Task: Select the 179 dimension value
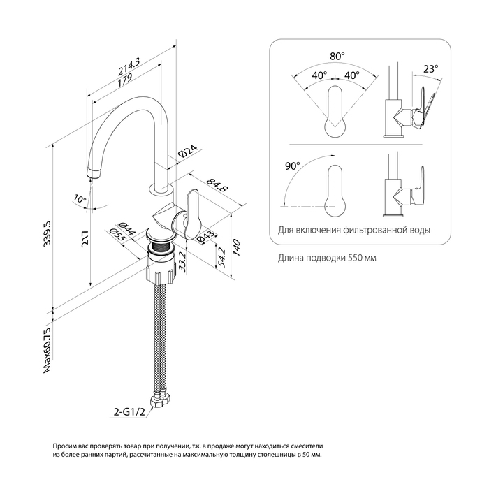click(x=126, y=81)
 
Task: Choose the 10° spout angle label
click(x=80, y=199)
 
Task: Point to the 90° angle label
click(x=293, y=166)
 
